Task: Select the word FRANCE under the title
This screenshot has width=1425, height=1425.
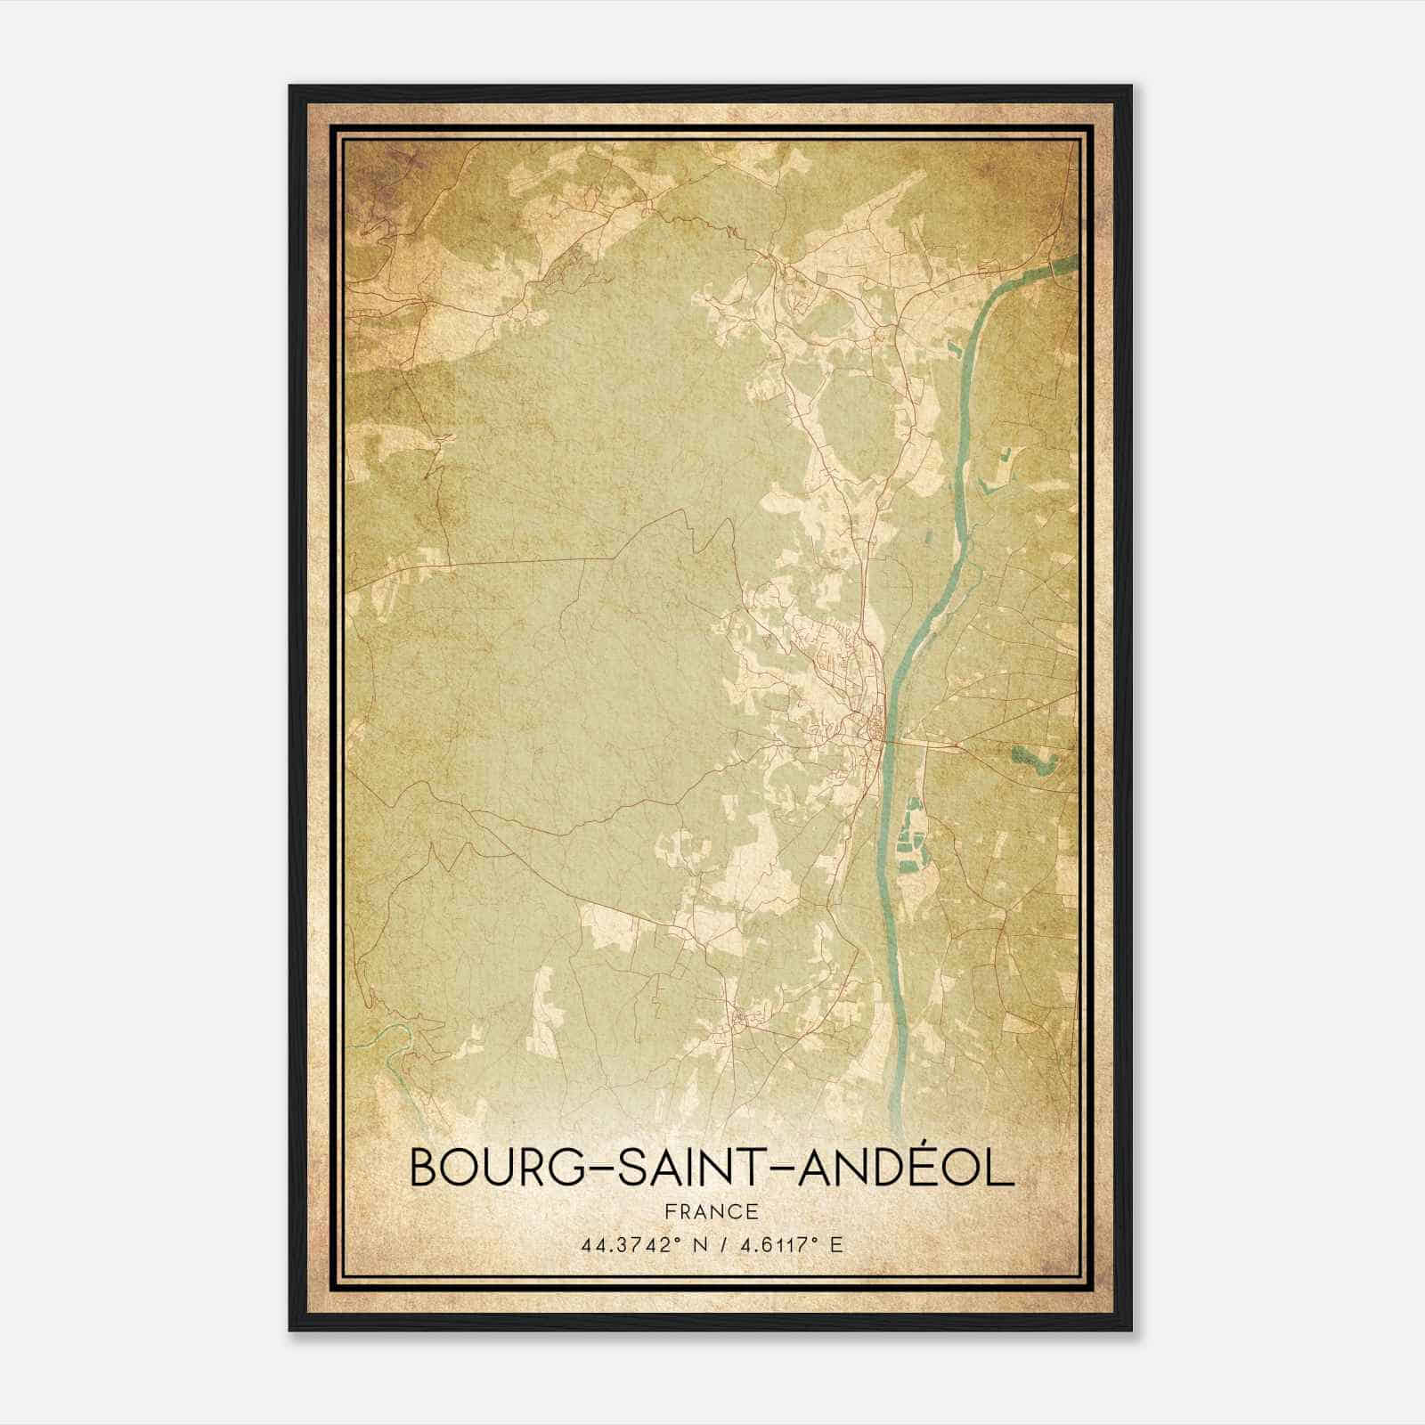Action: pos(711,1211)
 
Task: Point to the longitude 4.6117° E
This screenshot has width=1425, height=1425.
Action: pos(787,1245)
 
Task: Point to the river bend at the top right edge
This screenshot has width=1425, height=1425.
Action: pos(1060,265)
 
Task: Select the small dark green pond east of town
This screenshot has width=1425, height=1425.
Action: pos(1033,760)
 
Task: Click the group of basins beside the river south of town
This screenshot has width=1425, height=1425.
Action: pos(910,833)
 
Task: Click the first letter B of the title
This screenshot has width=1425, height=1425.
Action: pos(424,1168)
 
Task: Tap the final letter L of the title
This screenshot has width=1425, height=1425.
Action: pos(1002,1168)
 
